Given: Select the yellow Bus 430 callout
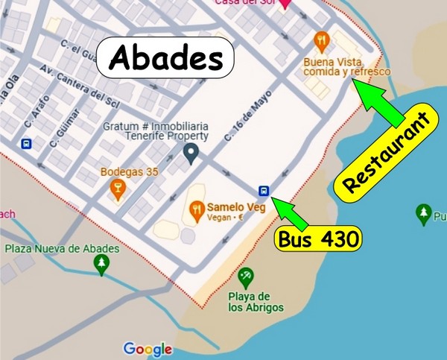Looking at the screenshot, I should tap(320, 239).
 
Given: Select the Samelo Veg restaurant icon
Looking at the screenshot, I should tap(197, 209).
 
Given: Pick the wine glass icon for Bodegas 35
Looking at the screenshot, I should tap(116, 189).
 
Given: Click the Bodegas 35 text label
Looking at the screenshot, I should tap(130, 172).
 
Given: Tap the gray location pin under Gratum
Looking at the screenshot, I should tap(191, 154).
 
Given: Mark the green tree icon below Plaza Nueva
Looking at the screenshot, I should tap(101, 265).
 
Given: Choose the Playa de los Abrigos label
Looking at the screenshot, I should tap(248, 302).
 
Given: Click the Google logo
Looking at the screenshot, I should tap(148, 349).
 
